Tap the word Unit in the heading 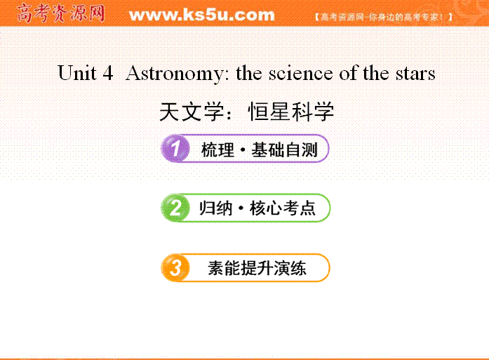click(77, 73)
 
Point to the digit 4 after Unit click(107, 73)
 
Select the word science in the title click(300, 73)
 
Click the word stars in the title click(415, 74)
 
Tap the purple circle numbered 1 click(175, 148)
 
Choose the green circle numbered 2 click(175, 208)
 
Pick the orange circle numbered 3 click(175, 267)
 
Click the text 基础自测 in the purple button click(284, 149)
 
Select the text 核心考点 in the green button click(283, 208)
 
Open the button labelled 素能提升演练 click(245, 267)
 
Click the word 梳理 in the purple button click(217, 149)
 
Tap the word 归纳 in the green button click(216, 208)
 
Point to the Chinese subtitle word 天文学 click(192, 112)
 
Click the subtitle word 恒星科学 click(291, 112)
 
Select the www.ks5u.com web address click(202, 15)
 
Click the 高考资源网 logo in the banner click(60, 13)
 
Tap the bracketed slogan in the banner click(384, 17)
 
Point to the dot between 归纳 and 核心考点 click(241, 208)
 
